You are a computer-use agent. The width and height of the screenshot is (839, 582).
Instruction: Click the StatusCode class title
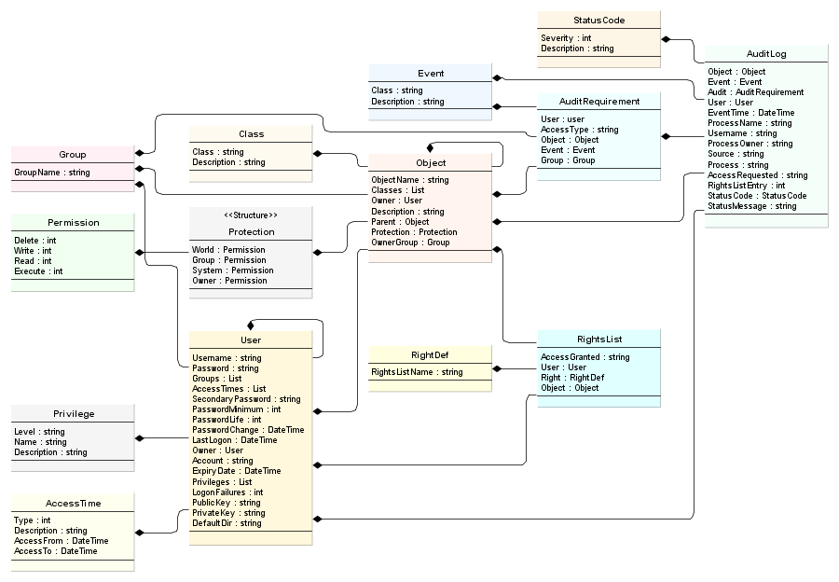point(598,20)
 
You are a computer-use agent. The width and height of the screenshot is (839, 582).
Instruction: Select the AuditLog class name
point(766,54)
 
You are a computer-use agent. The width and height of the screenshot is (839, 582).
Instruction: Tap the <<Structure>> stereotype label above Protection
point(251,215)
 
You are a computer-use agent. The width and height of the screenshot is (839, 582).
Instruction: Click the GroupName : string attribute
point(51,173)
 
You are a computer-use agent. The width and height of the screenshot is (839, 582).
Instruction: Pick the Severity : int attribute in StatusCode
point(566,38)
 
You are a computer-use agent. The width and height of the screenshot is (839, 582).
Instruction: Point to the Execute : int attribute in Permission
point(38,271)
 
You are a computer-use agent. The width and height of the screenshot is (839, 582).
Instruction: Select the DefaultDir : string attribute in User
point(227,523)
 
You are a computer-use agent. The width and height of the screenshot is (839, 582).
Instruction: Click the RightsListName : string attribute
point(417,372)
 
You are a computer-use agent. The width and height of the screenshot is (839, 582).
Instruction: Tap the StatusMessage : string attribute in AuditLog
point(751,206)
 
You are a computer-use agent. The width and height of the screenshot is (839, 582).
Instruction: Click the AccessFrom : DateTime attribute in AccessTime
point(61,541)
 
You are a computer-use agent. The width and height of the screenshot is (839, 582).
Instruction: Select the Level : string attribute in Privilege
point(39,432)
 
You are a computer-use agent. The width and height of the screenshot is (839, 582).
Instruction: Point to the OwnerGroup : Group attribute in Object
point(410,242)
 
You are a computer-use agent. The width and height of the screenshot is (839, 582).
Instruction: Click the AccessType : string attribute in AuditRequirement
point(579,130)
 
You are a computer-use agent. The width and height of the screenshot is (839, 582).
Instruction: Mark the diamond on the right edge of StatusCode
point(666,39)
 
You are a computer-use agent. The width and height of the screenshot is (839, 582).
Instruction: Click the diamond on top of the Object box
point(430,147)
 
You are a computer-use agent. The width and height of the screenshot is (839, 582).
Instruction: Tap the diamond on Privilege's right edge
point(140,438)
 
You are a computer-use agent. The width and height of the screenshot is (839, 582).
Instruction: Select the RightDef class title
point(430,355)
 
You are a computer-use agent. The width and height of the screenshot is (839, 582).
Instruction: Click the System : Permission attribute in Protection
point(232,270)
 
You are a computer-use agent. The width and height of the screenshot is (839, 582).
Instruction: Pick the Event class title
point(430,74)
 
